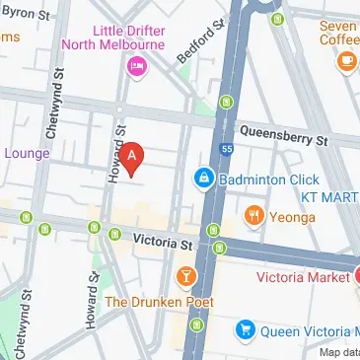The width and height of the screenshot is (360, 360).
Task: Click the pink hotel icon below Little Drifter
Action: pyautogui.click(x=136, y=65)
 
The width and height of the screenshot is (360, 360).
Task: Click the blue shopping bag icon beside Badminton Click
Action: pyautogui.click(x=203, y=178)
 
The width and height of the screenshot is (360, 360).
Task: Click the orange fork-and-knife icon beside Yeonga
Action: pyautogui.click(x=253, y=214)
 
